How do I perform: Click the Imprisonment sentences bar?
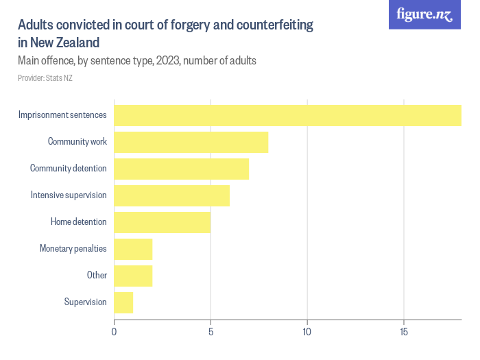[x=287, y=115]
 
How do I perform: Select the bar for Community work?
[x=191, y=142]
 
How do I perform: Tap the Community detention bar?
[x=181, y=169]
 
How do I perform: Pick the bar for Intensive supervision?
[x=171, y=195]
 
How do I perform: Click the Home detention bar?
[x=162, y=222]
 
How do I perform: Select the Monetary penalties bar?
[x=133, y=249]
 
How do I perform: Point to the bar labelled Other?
[x=133, y=276]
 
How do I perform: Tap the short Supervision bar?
[x=123, y=302]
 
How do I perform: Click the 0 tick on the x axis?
[x=114, y=333]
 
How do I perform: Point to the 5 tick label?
[x=211, y=333]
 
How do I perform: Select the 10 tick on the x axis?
[x=307, y=333]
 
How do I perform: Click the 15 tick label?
[x=404, y=333]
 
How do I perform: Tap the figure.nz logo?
[x=424, y=14]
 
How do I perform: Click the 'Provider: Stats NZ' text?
[x=45, y=78]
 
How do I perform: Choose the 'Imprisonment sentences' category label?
[x=62, y=115]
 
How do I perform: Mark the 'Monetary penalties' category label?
[x=73, y=249]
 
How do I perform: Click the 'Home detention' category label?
[x=78, y=222]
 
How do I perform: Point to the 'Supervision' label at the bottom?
[x=85, y=302]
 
